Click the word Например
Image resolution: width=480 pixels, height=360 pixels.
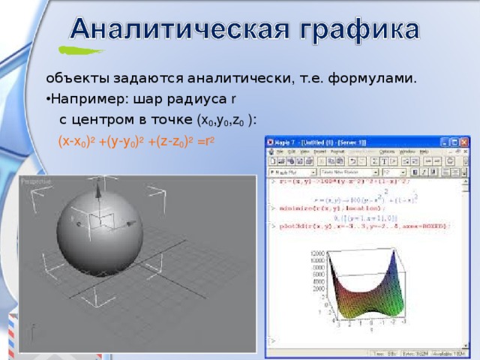click(x=80, y=99)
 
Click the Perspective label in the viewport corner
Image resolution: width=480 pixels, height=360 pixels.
click(x=34, y=181)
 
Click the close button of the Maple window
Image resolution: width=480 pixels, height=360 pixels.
click(x=464, y=141)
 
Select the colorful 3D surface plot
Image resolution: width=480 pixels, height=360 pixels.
click(x=367, y=289)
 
